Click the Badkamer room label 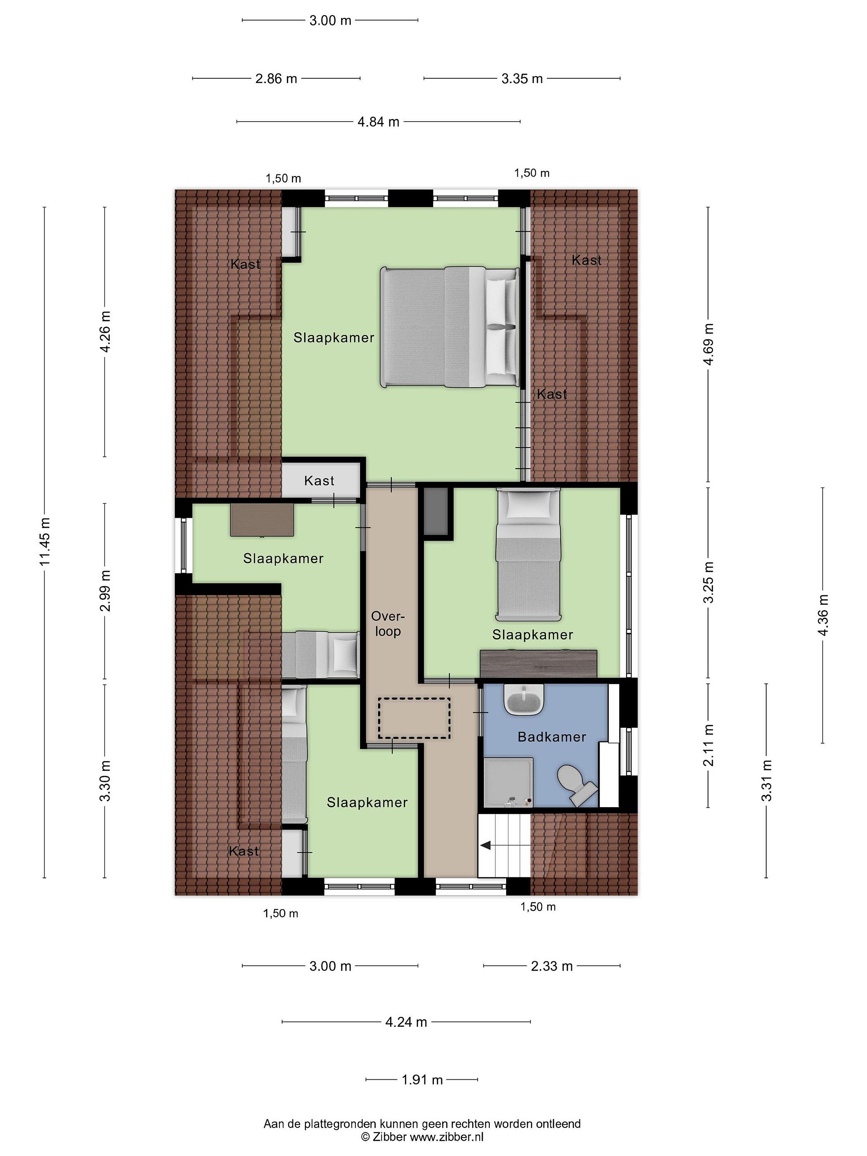552,737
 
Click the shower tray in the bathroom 508,782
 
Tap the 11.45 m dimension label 45,541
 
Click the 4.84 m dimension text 379,122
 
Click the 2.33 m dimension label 552,966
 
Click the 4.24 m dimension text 406,1022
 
